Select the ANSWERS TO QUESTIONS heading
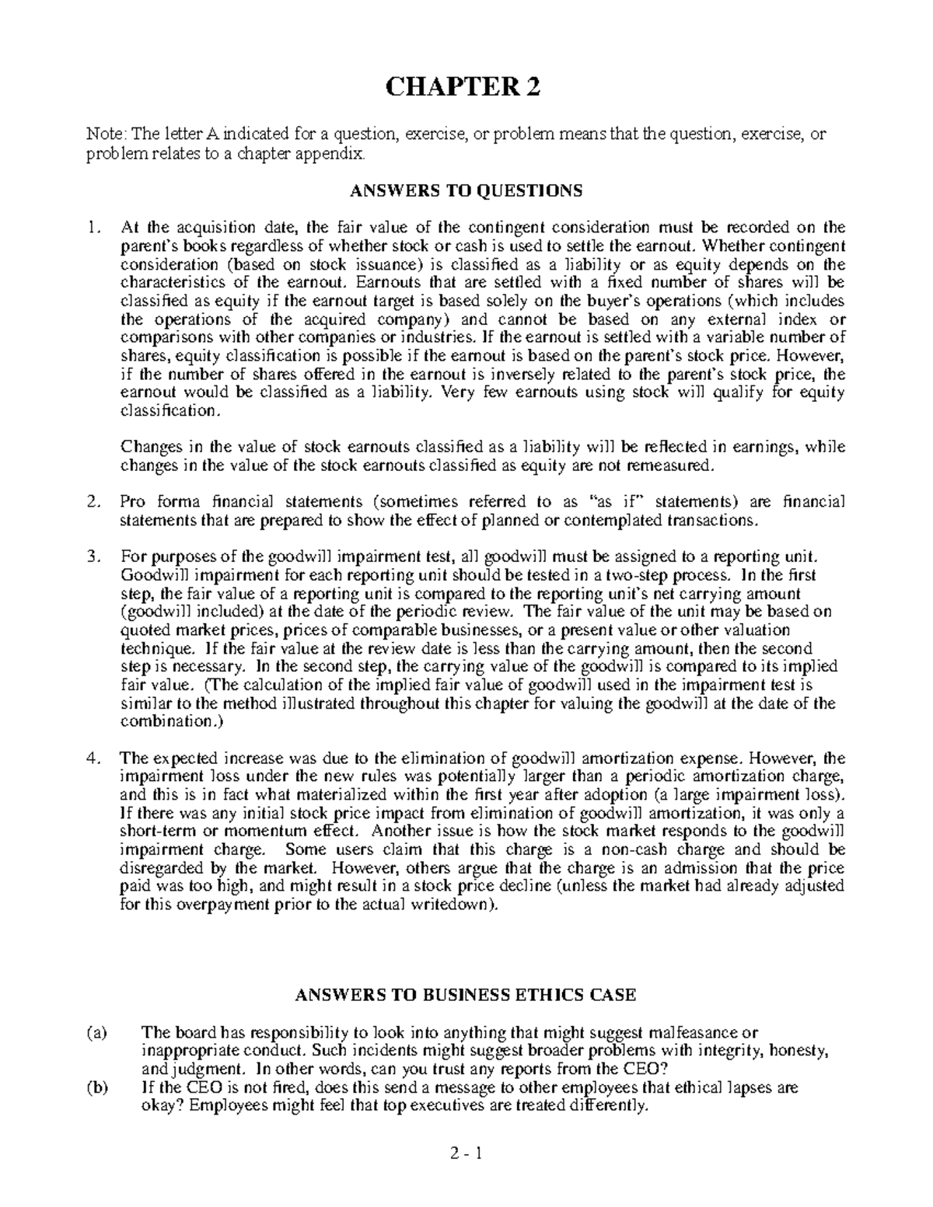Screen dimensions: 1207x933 (x=466, y=190)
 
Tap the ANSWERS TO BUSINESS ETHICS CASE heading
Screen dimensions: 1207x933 (x=466, y=995)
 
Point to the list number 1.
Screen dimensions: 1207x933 (x=93, y=228)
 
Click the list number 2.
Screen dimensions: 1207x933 (x=93, y=503)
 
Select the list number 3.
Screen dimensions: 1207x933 (x=93, y=557)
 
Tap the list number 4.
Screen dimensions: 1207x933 (x=93, y=759)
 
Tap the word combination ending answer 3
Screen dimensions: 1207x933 (x=166, y=722)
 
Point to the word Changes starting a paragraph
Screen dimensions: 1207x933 (x=148, y=448)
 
